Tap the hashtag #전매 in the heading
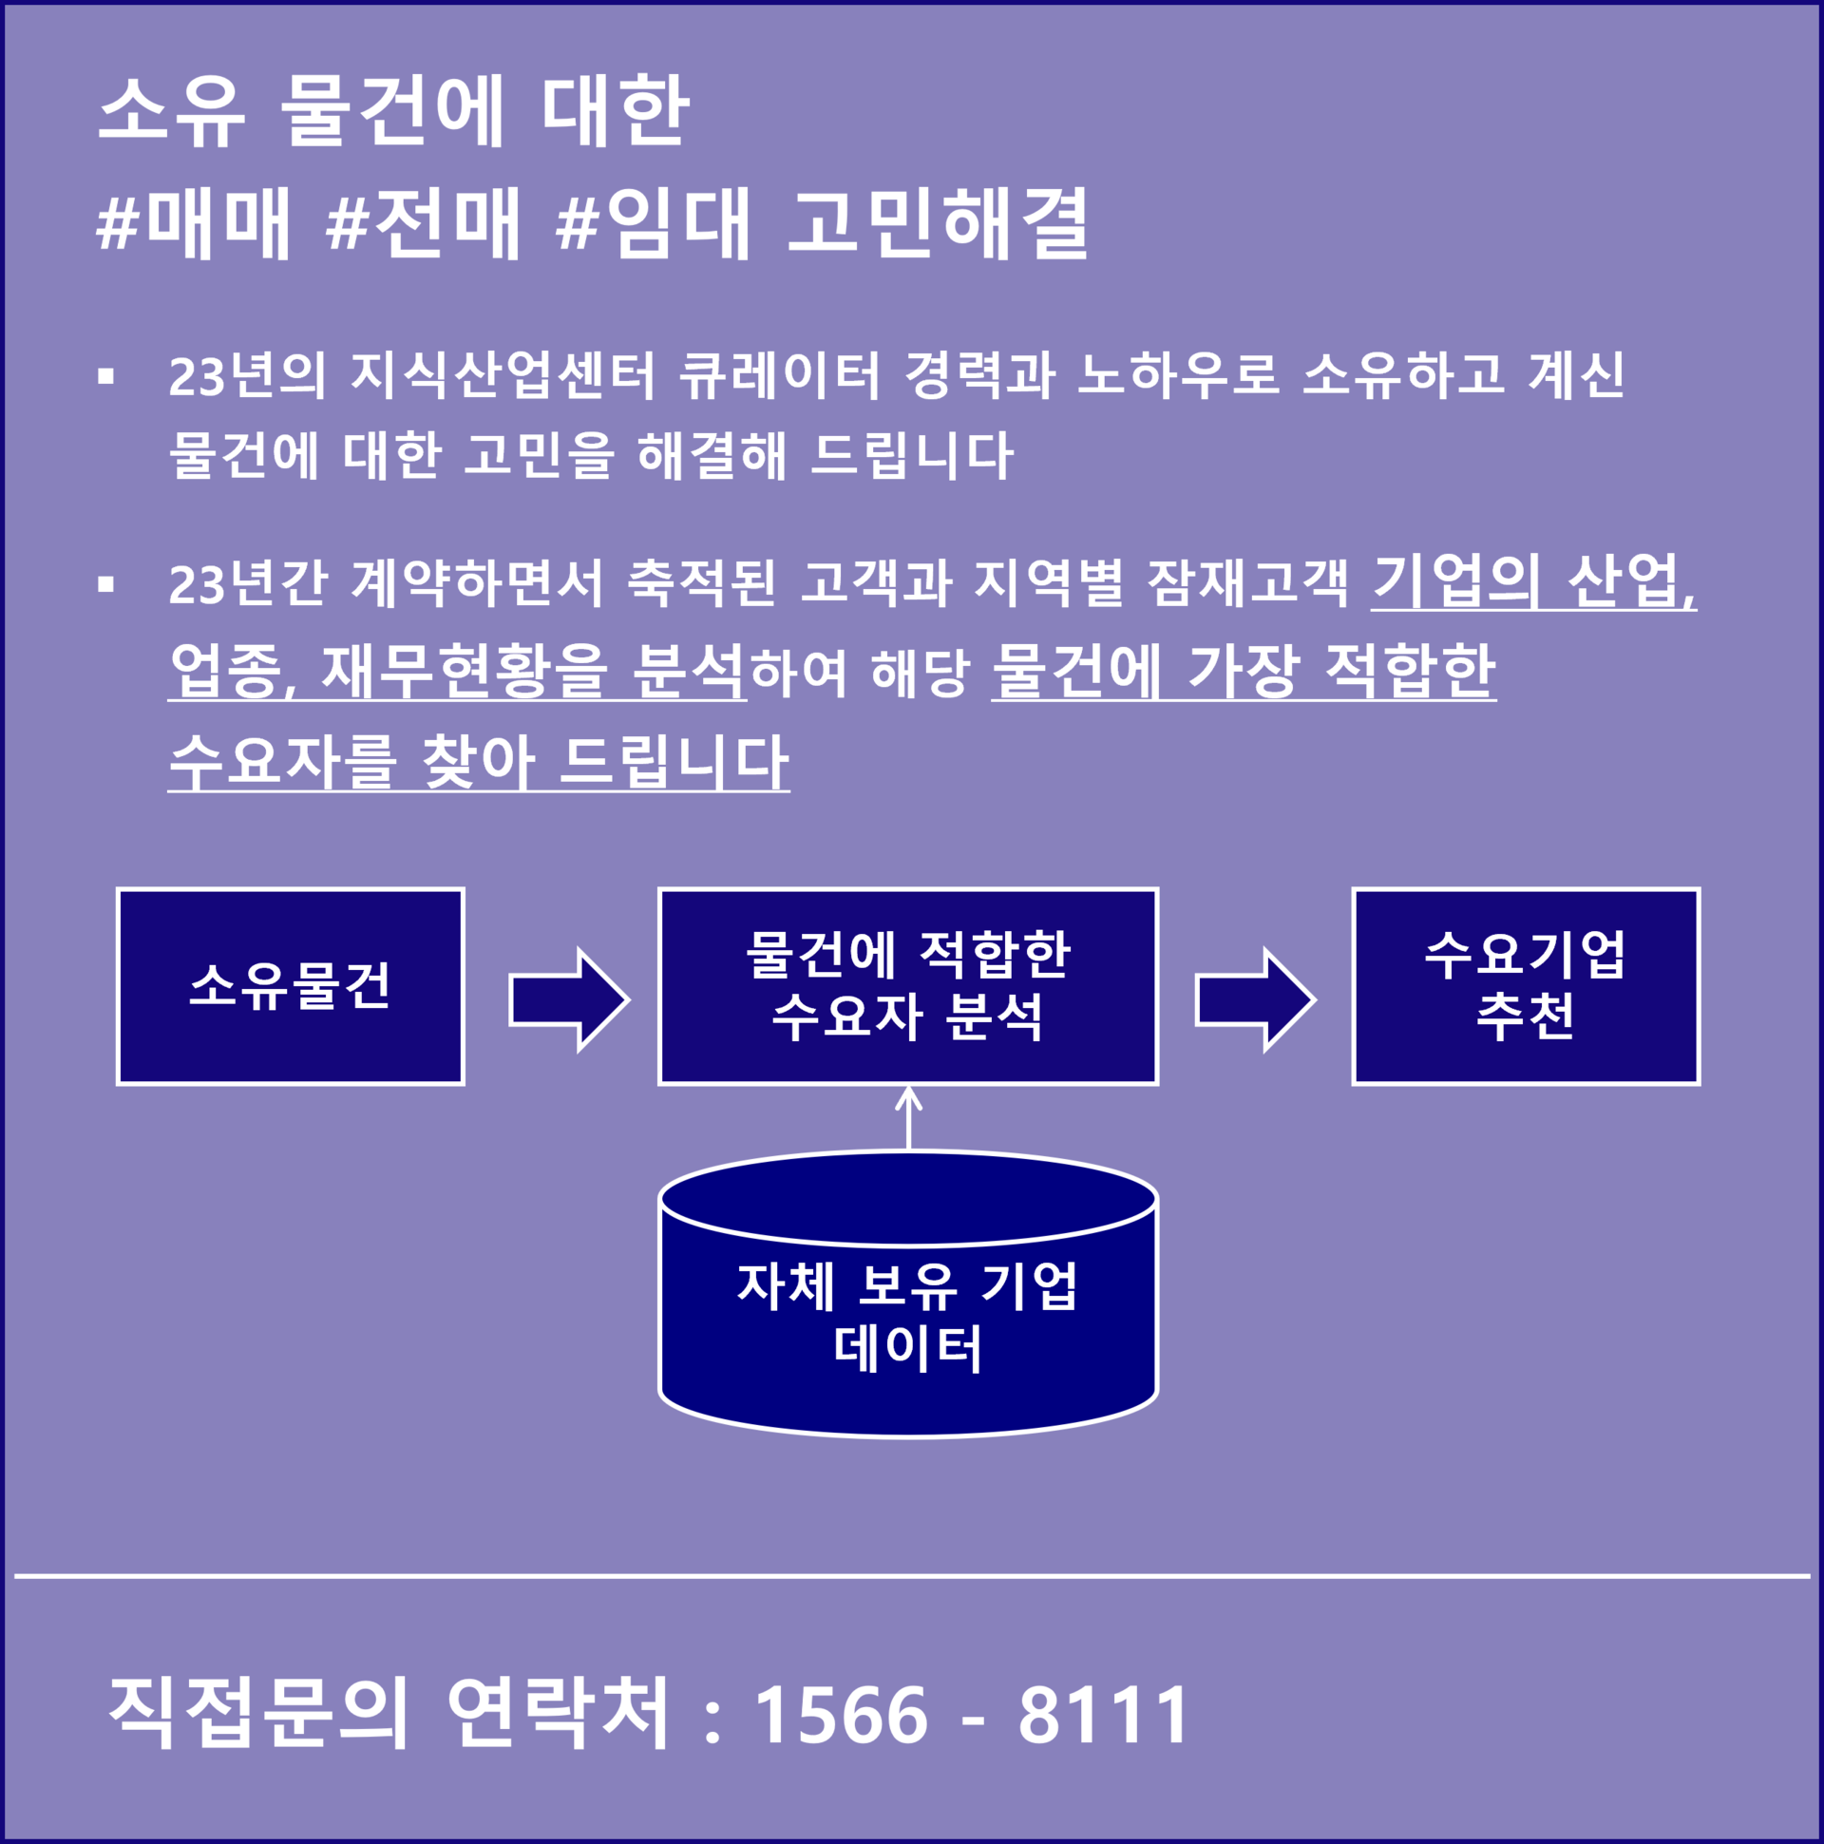pos(423,223)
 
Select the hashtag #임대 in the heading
pos(654,223)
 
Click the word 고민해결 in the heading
pos(939,223)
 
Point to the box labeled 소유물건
pos(290,986)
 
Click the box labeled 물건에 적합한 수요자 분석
pos(907,986)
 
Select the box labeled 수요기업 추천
pos(1526,986)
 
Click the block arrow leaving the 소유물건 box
pos(569,1000)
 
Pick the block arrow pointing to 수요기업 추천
pos(1255,1000)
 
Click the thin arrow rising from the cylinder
pos(907,1117)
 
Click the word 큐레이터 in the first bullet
pos(779,375)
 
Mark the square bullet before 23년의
pos(106,376)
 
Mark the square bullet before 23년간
pos(106,583)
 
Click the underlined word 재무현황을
pos(464,671)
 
